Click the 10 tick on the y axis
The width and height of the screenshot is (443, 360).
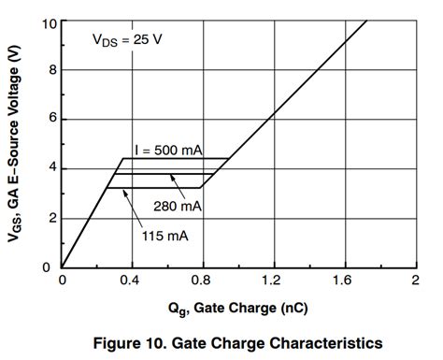click(48, 22)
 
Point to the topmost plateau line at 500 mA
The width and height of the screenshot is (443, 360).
click(178, 158)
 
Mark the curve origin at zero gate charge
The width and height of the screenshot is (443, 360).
click(62, 266)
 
